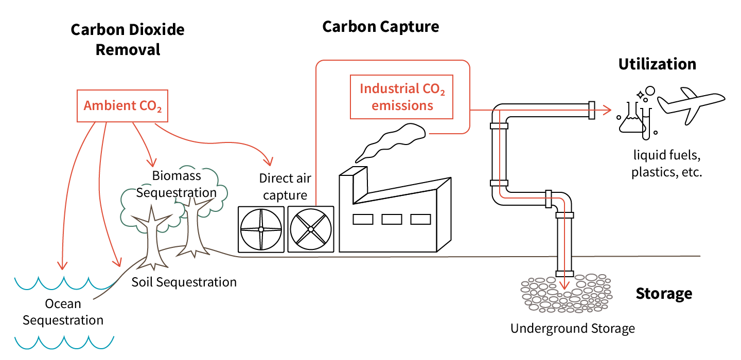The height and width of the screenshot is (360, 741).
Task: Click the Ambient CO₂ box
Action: [122, 106]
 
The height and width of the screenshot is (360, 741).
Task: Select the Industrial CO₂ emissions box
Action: [402, 97]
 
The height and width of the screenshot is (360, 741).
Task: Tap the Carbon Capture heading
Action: [380, 27]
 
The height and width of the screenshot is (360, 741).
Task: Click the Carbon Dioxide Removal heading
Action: [128, 40]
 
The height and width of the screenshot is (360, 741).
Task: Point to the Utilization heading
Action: [657, 64]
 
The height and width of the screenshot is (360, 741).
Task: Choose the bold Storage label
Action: [664, 294]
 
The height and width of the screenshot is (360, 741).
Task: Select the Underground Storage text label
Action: [572, 328]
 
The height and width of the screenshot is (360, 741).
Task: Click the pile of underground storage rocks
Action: [566, 294]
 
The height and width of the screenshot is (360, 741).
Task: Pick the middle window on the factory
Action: [392, 220]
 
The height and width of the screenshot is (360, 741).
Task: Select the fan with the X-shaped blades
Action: [310, 229]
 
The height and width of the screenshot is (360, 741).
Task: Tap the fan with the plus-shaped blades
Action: [261, 229]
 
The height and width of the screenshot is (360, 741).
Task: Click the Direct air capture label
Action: [285, 187]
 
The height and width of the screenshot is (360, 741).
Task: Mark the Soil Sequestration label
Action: [184, 282]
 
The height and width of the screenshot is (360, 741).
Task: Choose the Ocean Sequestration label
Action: [63, 312]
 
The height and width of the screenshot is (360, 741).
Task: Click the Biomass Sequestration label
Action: [177, 184]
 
